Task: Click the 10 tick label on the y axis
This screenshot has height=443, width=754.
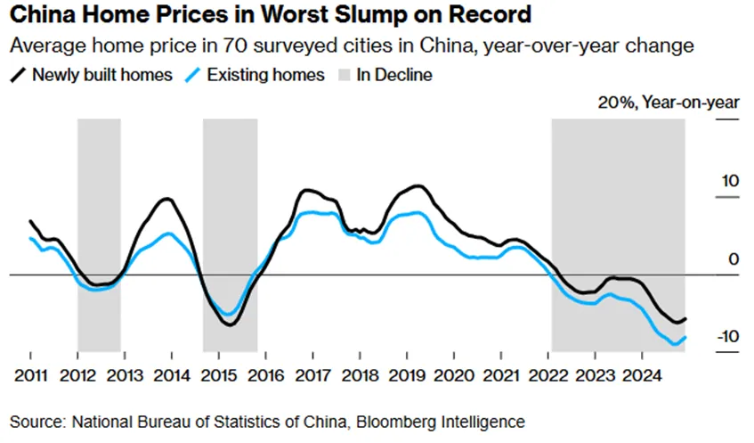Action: click(x=730, y=181)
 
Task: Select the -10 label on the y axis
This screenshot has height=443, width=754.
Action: click(x=727, y=337)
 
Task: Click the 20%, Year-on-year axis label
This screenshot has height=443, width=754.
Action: click(x=668, y=103)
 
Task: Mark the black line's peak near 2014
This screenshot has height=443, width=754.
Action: click(x=166, y=199)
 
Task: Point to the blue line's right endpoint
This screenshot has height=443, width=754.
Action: click(x=685, y=337)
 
